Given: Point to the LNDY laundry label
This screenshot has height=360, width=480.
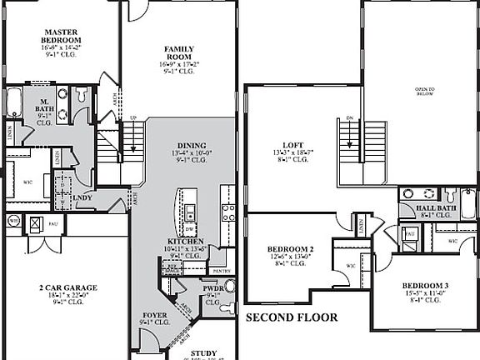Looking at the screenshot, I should click(x=83, y=197).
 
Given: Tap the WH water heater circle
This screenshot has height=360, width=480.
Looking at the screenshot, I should click(x=13, y=220).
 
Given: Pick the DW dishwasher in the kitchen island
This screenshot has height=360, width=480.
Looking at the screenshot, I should click(x=189, y=228).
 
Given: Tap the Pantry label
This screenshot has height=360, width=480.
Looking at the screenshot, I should click(x=221, y=271).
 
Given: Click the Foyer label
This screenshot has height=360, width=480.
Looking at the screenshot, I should click(x=156, y=316).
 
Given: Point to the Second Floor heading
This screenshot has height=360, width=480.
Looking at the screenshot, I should click(x=292, y=317).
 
